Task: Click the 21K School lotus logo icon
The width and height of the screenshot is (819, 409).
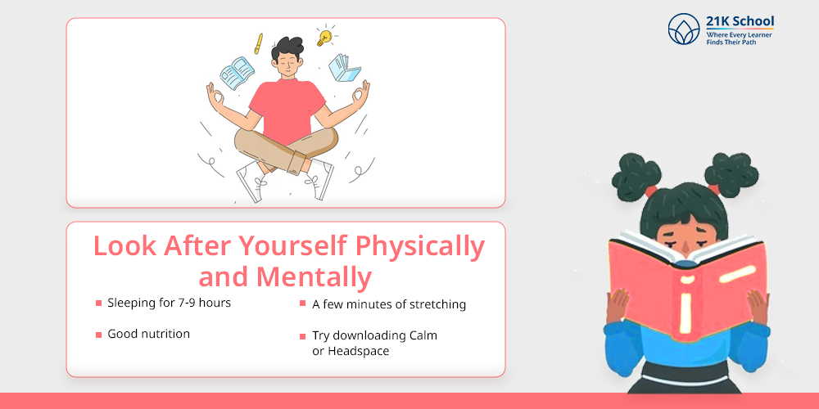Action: tap(684, 29)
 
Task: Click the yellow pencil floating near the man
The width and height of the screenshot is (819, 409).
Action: tap(258, 44)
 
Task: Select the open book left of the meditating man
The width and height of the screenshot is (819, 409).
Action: tap(237, 73)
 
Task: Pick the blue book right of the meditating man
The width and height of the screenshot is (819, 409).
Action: tap(344, 67)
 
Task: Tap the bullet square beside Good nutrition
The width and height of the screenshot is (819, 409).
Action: tap(99, 335)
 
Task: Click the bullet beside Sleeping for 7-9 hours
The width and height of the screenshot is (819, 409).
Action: tap(99, 303)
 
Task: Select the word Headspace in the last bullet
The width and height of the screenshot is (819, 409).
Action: tap(359, 351)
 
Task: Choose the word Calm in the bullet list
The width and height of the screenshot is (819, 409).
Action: tap(423, 335)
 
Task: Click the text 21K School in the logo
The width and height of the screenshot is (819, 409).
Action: tap(740, 22)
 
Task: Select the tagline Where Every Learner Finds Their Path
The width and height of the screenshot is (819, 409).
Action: tap(739, 38)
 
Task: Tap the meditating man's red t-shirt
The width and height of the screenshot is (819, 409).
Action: tap(287, 110)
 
